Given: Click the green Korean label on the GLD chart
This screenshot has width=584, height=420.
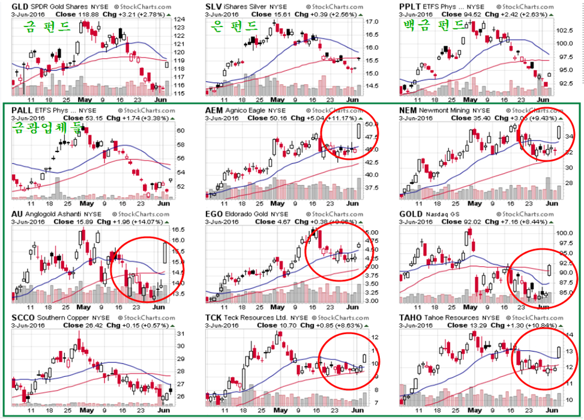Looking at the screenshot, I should (47, 26).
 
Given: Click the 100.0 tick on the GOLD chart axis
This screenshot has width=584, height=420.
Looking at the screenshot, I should (567, 233).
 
